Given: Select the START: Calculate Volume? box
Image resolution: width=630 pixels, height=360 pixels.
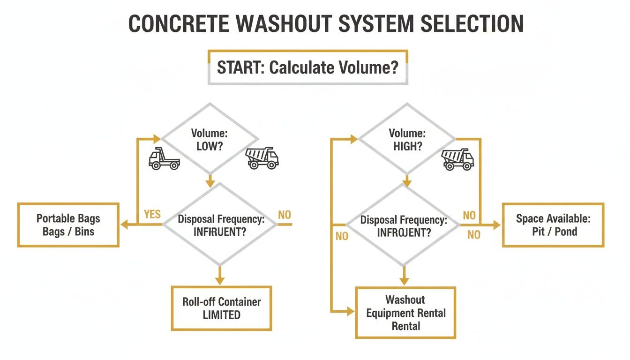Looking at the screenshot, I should (308, 67).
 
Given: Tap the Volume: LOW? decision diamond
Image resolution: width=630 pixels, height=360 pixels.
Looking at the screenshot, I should (209, 139).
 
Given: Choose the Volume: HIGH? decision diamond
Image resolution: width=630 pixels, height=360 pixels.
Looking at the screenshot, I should (406, 139).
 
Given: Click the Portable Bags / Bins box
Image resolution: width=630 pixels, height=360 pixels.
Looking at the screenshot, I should (68, 225).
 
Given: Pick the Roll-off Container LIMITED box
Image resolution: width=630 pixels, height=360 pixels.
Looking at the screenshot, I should (221, 308).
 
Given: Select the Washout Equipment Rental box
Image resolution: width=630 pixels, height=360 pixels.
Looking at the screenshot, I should (405, 312).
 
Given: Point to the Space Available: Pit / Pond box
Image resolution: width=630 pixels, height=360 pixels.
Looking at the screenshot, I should (553, 225).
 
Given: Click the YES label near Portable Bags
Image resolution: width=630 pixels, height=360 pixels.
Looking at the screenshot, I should (152, 215).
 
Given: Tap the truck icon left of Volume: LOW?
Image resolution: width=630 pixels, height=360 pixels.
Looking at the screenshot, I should (164, 158).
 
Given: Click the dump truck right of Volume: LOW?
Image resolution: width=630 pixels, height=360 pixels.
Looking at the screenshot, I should (262, 158).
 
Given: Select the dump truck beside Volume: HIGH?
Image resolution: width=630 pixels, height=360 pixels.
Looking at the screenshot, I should (458, 159).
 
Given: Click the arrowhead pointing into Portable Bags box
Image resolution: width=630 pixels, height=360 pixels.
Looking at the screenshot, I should (124, 225).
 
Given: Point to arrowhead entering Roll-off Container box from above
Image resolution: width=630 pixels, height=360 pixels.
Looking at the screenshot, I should (219, 281).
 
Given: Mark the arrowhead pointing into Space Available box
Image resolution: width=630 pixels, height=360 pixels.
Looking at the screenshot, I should (497, 225).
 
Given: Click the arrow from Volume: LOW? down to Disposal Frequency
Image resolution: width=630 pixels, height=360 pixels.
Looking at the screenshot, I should (210, 179).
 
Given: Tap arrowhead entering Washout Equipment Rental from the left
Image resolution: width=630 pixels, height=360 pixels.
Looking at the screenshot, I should (351, 310).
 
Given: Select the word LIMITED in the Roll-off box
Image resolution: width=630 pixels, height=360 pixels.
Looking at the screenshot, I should (221, 315).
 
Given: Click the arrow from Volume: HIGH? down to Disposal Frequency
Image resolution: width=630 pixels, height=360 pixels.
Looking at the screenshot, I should (407, 180).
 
